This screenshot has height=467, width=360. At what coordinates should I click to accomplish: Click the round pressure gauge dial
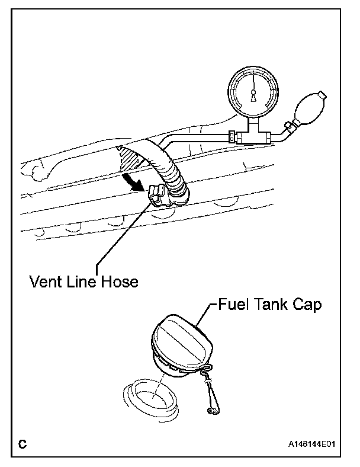(x=254, y=89)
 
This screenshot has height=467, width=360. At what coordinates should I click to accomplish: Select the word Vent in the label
(x=46, y=280)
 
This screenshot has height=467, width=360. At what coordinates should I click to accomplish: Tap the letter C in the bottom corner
(x=22, y=443)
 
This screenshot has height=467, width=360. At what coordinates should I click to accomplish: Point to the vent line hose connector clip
(x=157, y=195)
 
